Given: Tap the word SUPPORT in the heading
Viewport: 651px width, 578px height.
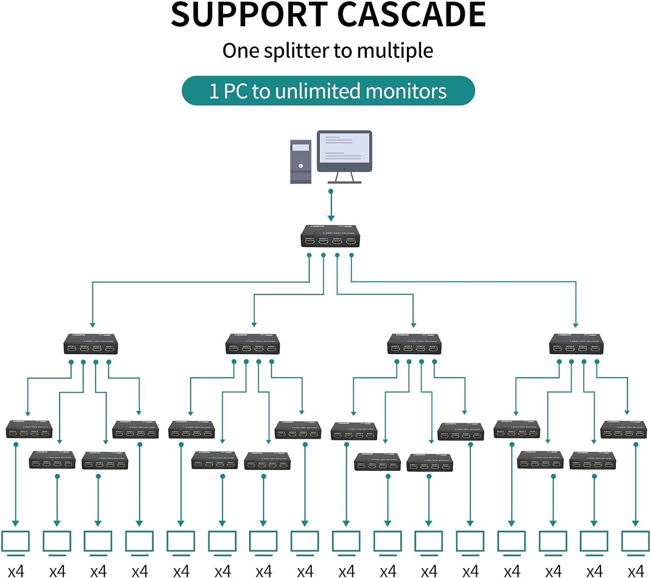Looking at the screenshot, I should [x=249, y=15].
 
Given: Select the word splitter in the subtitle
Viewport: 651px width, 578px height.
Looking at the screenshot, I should [x=297, y=51].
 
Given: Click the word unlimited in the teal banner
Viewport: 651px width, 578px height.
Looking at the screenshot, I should [x=318, y=91].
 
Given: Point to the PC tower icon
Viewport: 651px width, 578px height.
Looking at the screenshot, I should [x=301, y=161].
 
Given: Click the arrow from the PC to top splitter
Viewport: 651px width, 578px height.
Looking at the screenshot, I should [x=331, y=206].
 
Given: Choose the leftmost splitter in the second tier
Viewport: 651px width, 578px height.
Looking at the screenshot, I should [x=91, y=344].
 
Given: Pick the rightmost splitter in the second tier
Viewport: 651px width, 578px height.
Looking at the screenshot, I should [x=576, y=344].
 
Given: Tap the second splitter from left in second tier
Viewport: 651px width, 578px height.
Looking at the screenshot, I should [x=253, y=344].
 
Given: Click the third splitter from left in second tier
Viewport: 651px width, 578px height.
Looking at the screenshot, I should [x=414, y=344].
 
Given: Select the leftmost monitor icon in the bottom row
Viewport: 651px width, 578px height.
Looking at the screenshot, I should [x=15, y=542].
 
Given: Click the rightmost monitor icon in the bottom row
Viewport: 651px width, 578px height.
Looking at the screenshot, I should [x=635, y=542].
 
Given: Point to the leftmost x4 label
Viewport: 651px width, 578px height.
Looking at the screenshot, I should [x=16, y=571].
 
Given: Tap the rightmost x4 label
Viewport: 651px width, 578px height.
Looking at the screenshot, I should [x=635, y=571].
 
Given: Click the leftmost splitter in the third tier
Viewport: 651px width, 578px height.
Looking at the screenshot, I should [x=29, y=429].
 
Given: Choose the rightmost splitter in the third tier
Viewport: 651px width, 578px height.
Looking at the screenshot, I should [x=624, y=429].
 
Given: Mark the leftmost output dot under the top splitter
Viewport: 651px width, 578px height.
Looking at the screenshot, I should [x=309, y=255].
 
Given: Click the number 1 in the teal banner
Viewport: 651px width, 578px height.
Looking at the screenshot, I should [x=214, y=91].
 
